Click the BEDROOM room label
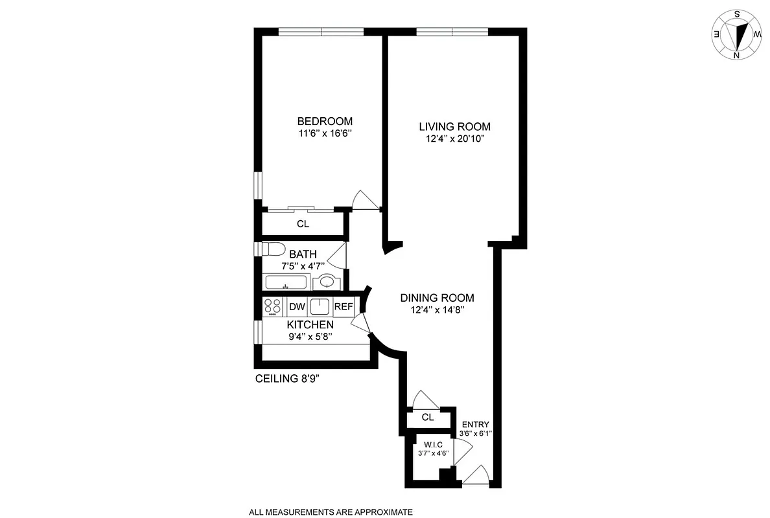click(x=325, y=121)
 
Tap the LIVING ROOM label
click(x=454, y=126)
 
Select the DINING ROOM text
click(x=437, y=298)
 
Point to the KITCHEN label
click(x=310, y=324)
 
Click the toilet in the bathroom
click(x=272, y=249)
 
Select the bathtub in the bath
click(x=286, y=282)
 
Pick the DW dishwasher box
click(x=297, y=306)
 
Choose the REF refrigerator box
click(x=343, y=306)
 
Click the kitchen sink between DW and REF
click(x=320, y=306)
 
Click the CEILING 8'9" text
click(x=287, y=380)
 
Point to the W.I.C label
click(x=434, y=444)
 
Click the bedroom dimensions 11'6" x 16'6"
click(x=325, y=134)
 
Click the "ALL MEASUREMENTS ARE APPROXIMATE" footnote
click(x=331, y=512)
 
